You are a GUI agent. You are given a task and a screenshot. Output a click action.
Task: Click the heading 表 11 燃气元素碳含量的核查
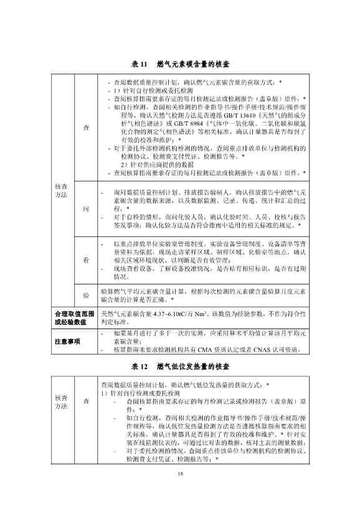[x=180, y=64]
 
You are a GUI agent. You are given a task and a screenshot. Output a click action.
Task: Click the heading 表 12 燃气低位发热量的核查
[x=180, y=365]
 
